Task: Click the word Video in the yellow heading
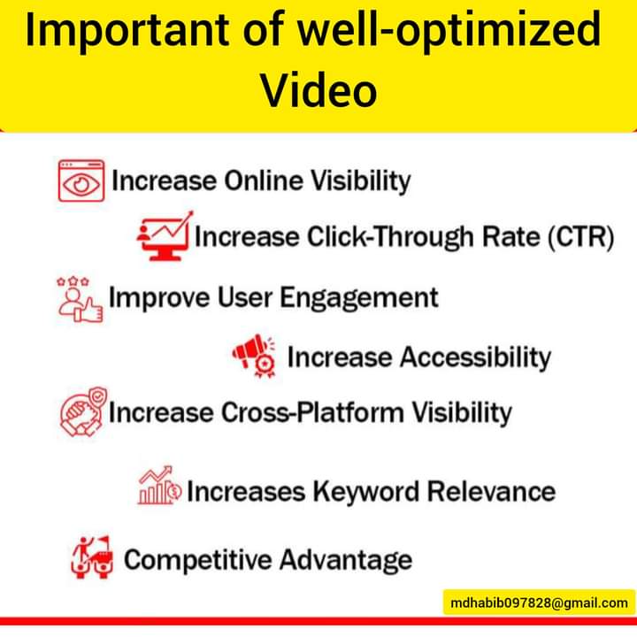pyautogui.click(x=319, y=89)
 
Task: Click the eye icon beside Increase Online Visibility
pyautogui.click(x=81, y=182)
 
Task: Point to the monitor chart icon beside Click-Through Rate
pyautogui.click(x=164, y=235)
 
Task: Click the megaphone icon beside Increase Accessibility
pyautogui.click(x=255, y=356)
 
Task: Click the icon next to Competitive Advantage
pyautogui.click(x=92, y=557)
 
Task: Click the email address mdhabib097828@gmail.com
pyautogui.click(x=539, y=602)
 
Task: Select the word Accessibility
pyautogui.click(x=474, y=357)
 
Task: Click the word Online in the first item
pyautogui.click(x=264, y=181)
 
